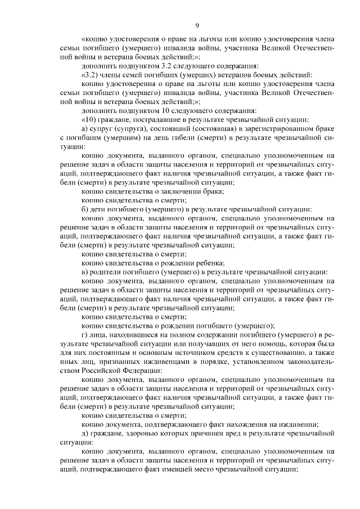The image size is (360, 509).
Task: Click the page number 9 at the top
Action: tap(197, 25)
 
